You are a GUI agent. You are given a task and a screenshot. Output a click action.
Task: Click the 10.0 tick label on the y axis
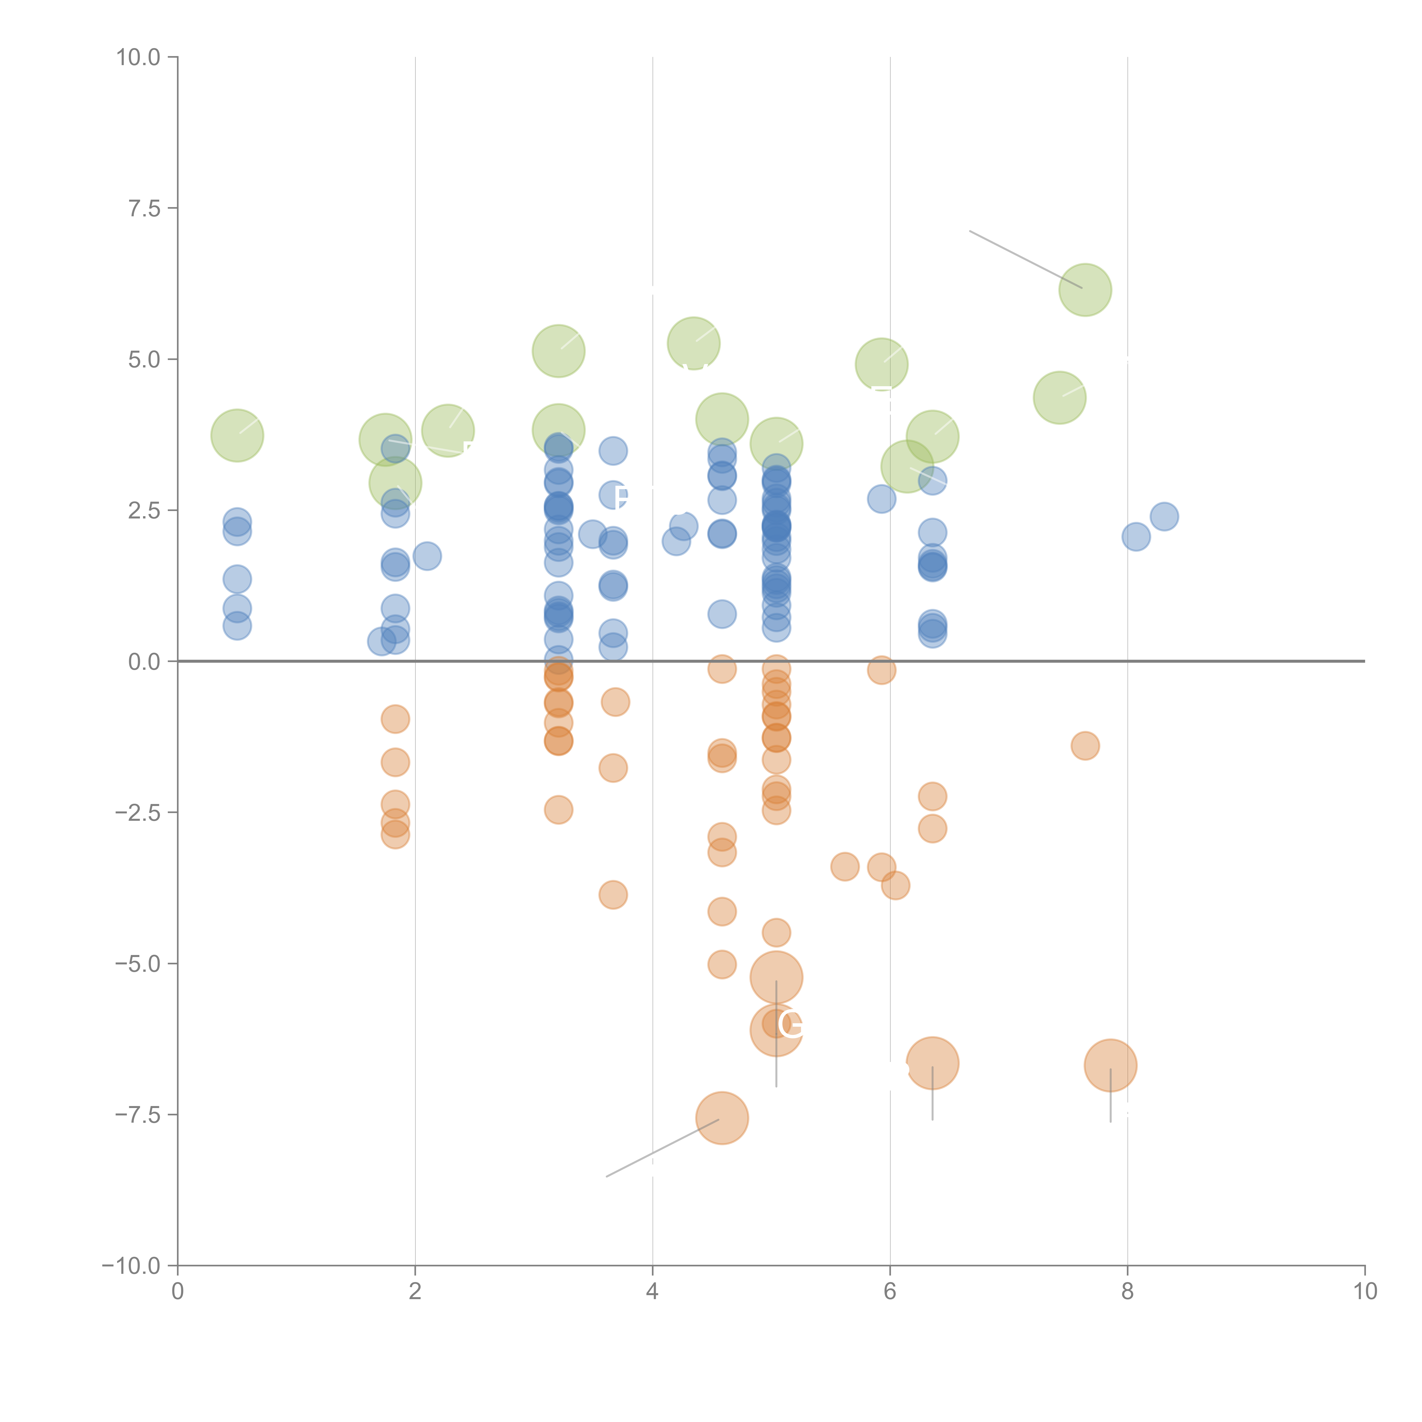click(x=139, y=57)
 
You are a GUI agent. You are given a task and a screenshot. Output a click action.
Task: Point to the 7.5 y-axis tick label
click(x=144, y=208)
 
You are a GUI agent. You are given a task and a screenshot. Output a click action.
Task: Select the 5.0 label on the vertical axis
click(x=144, y=360)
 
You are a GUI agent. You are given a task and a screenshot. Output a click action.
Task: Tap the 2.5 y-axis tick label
click(x=144, y=511)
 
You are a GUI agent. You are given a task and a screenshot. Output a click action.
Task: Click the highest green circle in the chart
click(x=1085, y=289)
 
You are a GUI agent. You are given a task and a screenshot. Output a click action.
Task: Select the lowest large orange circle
click(x=722, y=1118)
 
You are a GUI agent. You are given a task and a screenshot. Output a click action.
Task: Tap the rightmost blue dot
click(x=1164, y=517)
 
